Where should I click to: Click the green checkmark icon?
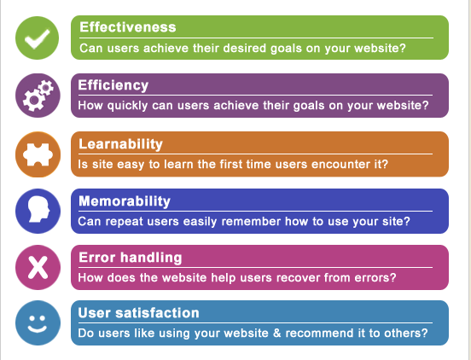38,38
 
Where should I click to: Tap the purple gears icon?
38,96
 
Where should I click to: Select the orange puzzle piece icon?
38,154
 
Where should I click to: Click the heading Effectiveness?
128,27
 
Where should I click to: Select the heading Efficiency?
113,85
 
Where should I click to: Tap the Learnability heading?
120,143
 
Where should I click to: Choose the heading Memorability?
125,201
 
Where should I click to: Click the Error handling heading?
130,258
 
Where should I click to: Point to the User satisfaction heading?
138,313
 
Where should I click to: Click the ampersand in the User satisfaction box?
276,334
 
